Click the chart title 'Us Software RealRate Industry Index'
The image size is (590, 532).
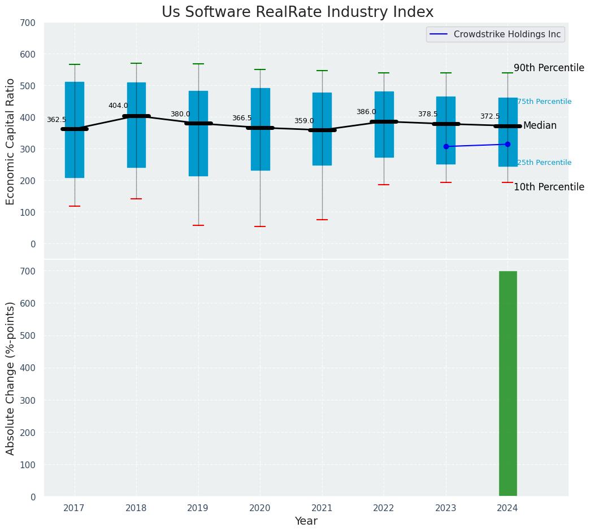[297, 12]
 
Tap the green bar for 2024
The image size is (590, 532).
[507, 383]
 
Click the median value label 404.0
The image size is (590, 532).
[118, 106]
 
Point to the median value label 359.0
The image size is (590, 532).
[304, 121]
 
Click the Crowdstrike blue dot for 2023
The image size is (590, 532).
[446, 146]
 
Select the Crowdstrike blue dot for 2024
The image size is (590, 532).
[507, 144]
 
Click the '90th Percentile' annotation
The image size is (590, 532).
[548, 68]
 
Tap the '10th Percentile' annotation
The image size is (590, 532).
[548, 187]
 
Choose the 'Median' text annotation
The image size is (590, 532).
[540, 126]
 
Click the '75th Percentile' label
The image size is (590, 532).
[544, 102]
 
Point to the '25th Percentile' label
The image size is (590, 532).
[544, 163]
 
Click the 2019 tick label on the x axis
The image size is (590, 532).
[198, 508]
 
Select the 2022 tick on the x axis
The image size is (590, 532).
[384, 508]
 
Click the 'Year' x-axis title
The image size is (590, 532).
[306, 521]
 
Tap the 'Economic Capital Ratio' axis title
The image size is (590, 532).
[11, 141]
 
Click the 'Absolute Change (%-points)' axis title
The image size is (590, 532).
[11, 378]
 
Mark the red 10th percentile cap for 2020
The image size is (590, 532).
[260, 226]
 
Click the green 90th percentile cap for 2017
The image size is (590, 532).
[75, 64]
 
